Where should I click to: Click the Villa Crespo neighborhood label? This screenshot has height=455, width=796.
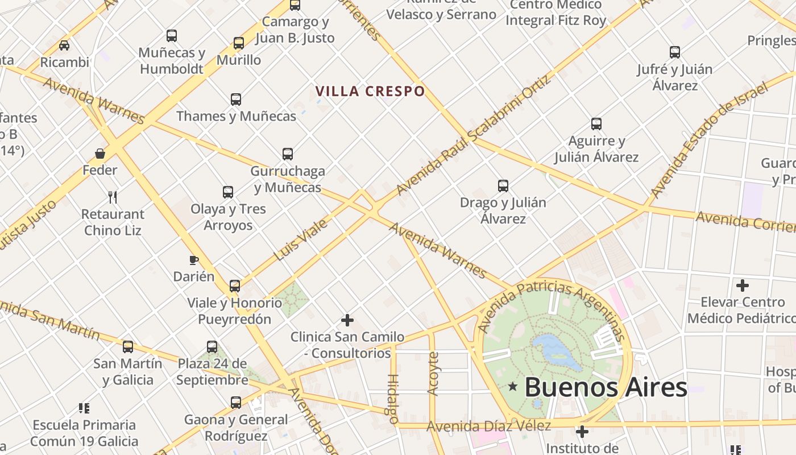click(370, 91)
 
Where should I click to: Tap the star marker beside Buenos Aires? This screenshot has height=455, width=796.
click(513, 387)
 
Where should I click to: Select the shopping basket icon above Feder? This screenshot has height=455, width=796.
click(100, 154)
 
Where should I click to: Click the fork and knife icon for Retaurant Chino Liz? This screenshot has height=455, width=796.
click(113, 197)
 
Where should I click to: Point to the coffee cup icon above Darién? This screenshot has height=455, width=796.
click(194, 260)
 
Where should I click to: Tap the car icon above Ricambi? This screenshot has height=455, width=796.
click(64, 45)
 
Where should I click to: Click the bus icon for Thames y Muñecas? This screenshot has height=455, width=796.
click(236, 100)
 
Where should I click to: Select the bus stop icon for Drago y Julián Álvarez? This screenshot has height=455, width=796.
click(503, 186)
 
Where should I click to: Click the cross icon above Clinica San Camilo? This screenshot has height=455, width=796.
click(347, 320)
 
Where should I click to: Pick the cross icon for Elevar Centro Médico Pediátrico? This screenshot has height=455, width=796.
click(742, 285)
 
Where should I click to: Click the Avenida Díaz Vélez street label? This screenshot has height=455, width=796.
click(488, 426)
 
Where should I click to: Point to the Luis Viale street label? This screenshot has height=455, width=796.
click(301, 239)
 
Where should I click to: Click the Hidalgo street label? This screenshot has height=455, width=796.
click(392, 399)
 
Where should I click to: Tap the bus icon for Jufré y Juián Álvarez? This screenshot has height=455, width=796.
click(675, 53)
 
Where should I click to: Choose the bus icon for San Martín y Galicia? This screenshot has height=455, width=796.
click(128, 347)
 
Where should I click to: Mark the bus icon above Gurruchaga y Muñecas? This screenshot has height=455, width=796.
click(288, 154)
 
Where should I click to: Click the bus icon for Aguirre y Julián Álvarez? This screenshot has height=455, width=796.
click(596, 124)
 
